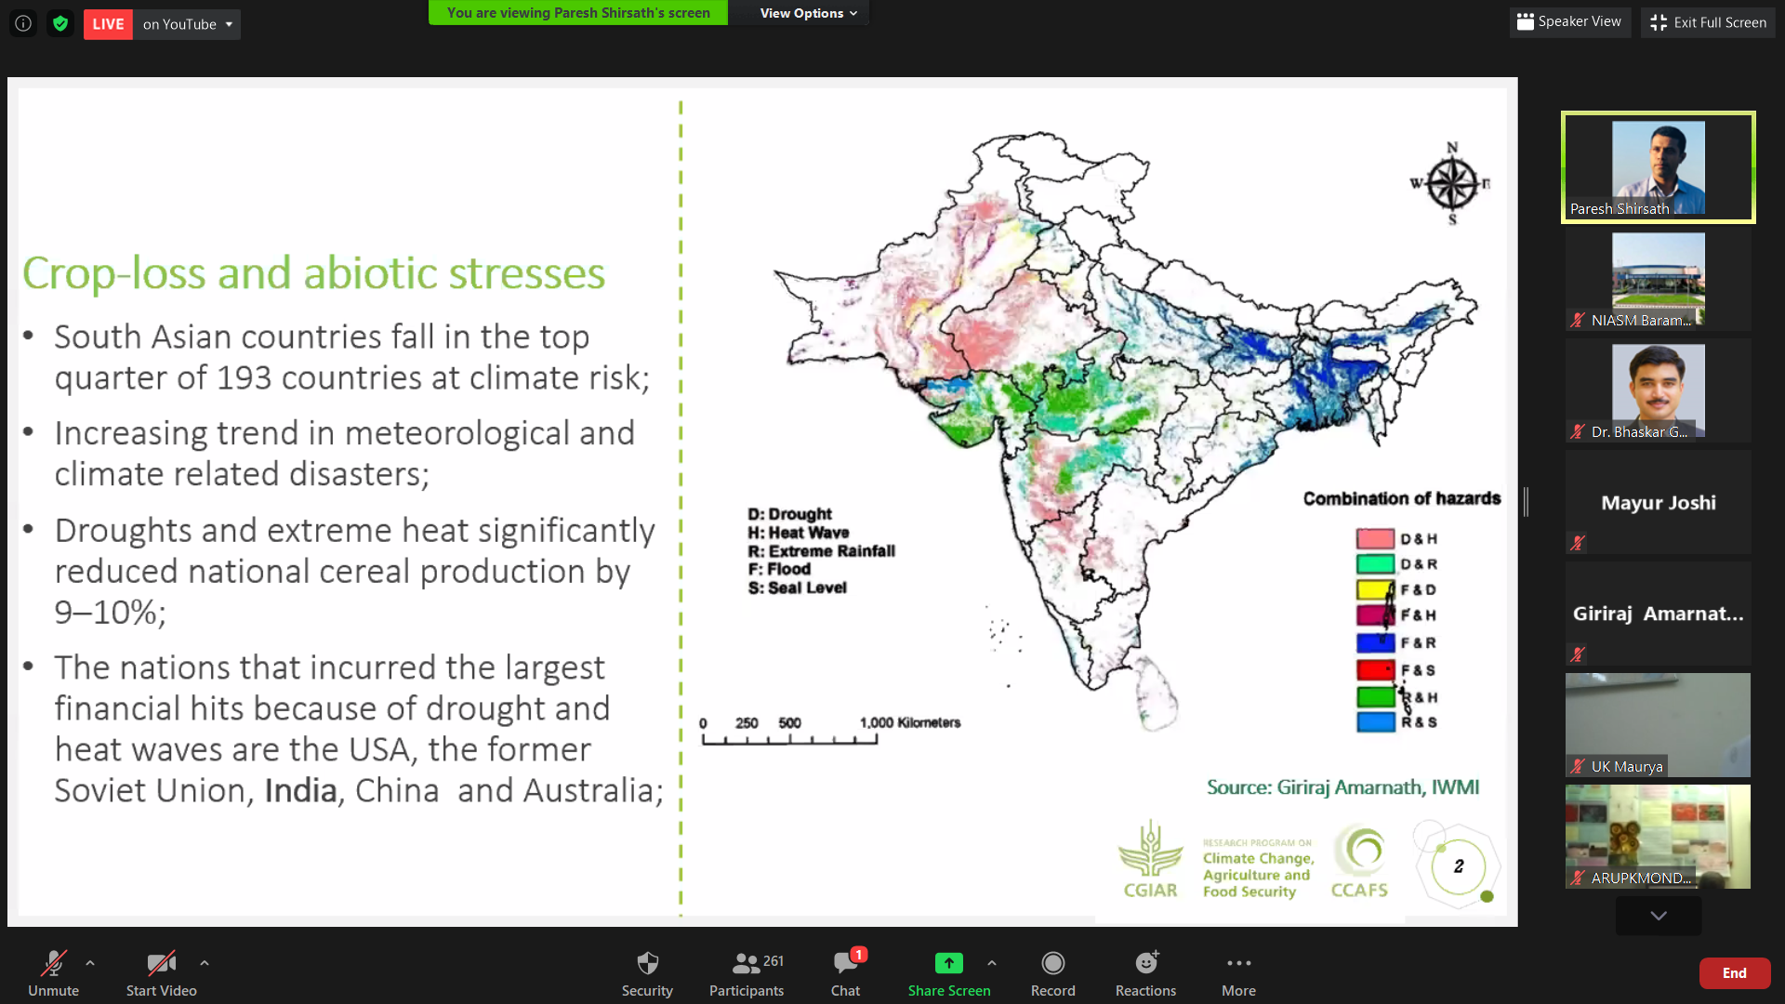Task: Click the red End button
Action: [1734, 972]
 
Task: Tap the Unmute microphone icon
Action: [53, 963]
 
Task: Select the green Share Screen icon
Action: [948, 963]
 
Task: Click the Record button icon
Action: [1052, 963]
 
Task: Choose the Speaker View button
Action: [1569, 21]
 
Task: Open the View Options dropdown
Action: [808, 13]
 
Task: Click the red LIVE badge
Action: [108, 24]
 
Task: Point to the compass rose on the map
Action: [1451, 183]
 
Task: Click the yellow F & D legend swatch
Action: [1375, 589]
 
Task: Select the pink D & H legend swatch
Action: [1375, 538]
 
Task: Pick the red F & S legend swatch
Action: [1375, 669]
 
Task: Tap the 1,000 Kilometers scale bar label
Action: [910, 722]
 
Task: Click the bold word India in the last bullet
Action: [300, 790]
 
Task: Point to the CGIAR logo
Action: [1150, 859]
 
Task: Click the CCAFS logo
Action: [1359, 861]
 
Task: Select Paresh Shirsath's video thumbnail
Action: [1658, 167]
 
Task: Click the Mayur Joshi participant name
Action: [1659, 503]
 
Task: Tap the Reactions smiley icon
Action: [1146, 962]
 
